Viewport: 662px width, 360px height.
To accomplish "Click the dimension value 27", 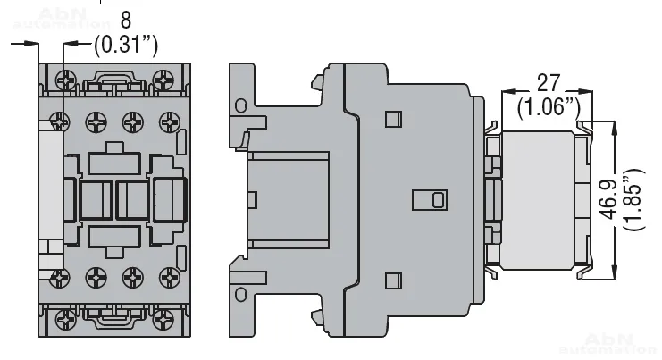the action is (548, 83).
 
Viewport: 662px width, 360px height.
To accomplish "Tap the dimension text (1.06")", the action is (549, 107).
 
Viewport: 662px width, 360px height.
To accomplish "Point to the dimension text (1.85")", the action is (634, 199).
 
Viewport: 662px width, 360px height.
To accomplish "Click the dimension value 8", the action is (126, 20).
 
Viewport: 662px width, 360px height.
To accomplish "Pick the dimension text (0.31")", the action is (126, 44).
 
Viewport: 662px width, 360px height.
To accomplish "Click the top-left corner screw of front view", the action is (66, 80).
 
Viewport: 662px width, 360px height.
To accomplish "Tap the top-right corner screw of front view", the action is (163, 80).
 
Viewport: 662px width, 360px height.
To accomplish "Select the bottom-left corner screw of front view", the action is (66, 320).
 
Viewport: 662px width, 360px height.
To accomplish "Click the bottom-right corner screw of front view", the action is (163, 320).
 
